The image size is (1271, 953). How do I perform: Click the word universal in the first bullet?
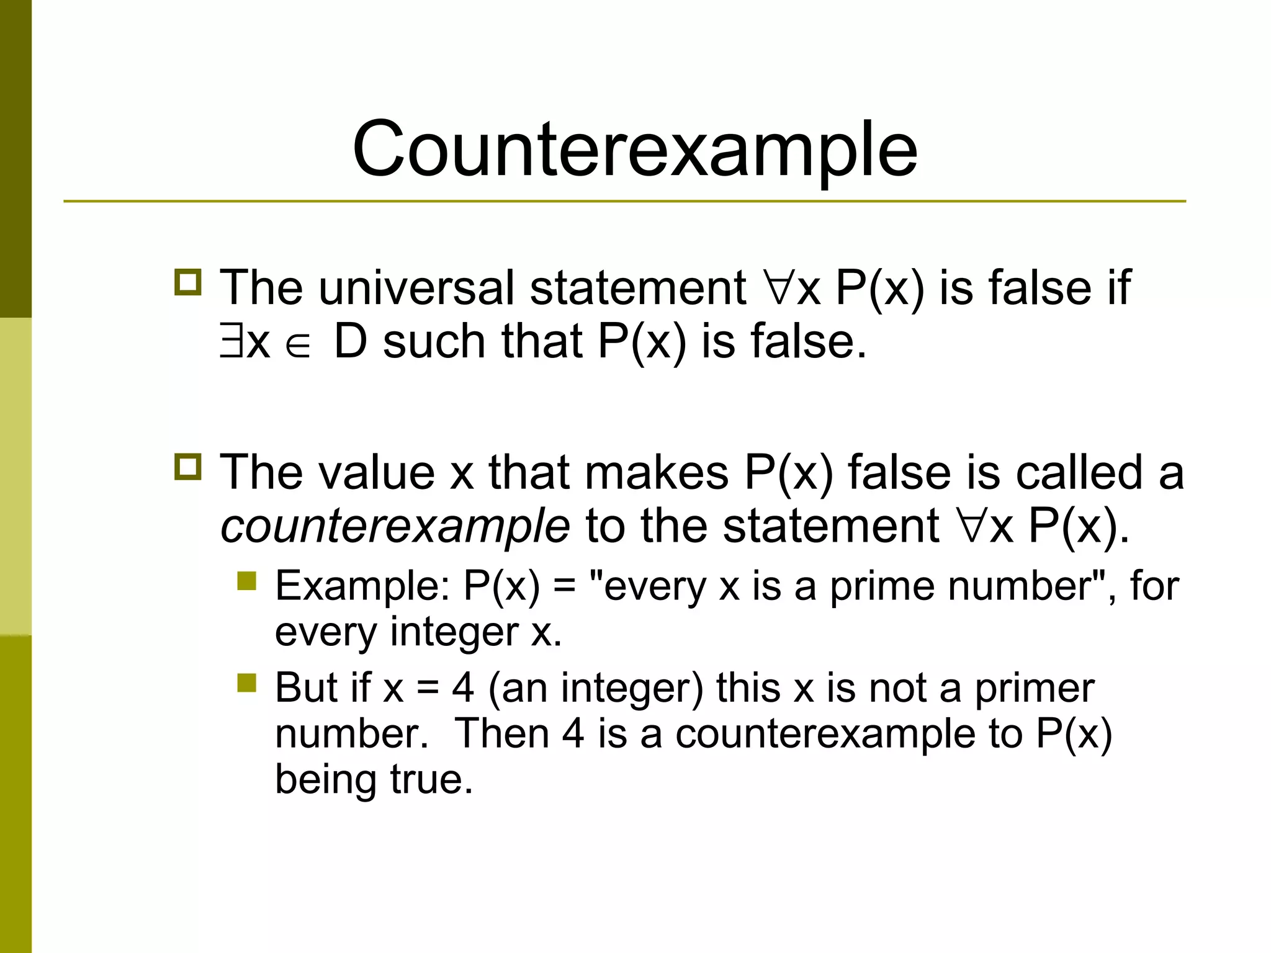417,288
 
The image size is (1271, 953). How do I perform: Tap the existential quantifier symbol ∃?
232,342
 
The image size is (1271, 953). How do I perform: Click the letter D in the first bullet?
351,342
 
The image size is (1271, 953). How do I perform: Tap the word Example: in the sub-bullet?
362,585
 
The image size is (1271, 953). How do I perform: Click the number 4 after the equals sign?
463,688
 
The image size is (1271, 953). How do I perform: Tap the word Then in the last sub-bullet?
503,734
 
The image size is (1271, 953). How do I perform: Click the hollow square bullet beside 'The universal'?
188,282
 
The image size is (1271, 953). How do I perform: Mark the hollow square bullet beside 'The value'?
188,467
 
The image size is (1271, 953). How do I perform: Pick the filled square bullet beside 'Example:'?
247,581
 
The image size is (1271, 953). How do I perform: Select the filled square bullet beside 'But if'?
247,683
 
